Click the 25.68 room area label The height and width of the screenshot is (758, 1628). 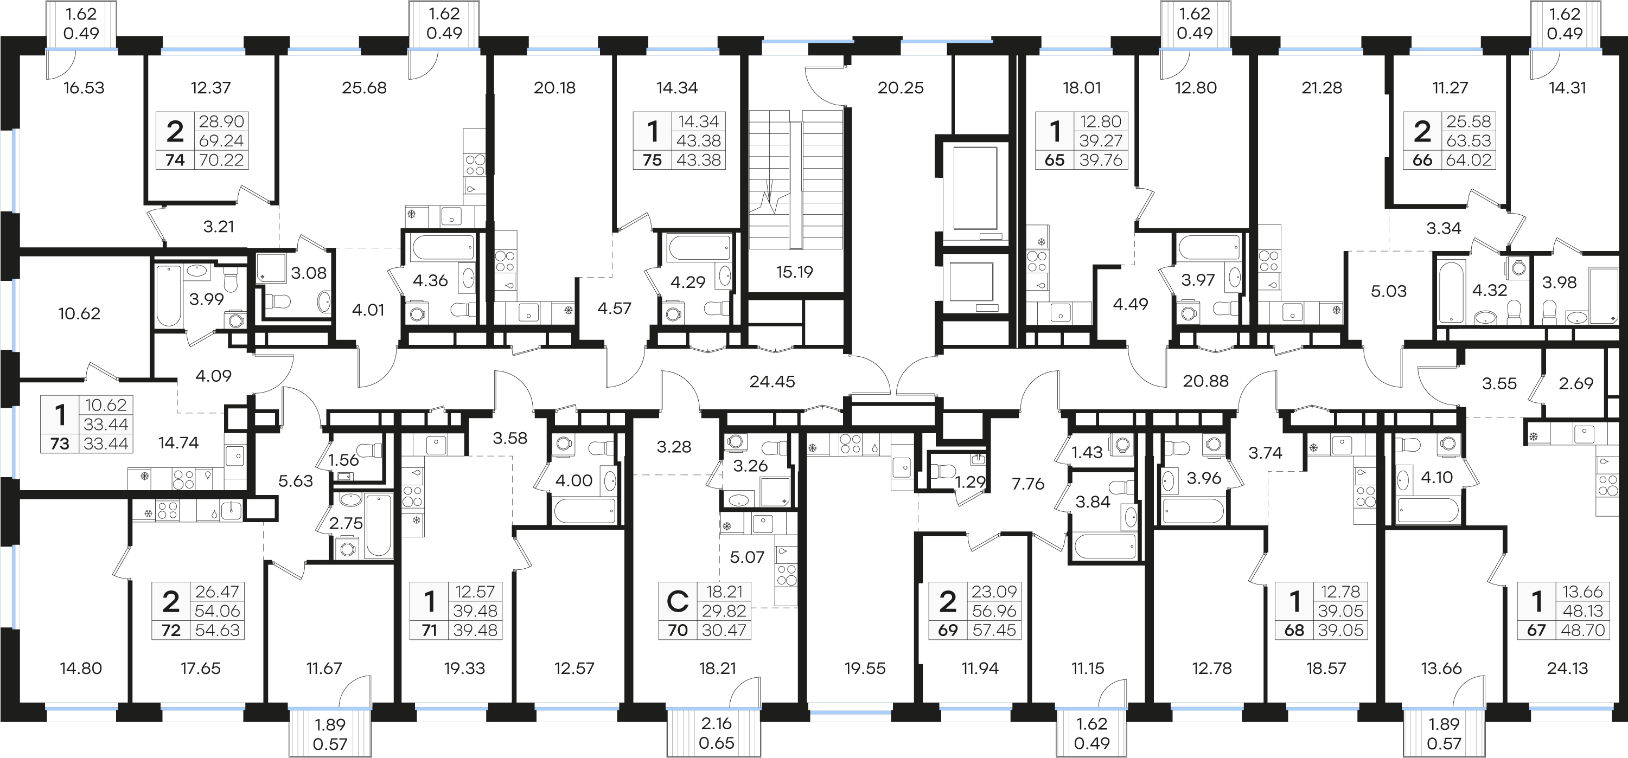(x=364, y=88)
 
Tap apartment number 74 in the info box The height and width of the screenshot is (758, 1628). (x=175, y=160)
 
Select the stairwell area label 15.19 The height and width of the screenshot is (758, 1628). (x=794, y=272)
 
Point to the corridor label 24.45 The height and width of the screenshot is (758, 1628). (x=772, y=382)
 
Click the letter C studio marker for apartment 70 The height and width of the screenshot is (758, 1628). (x=678, y=601)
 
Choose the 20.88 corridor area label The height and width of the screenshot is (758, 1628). (x=1206, y=381)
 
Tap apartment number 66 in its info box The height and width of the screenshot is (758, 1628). (x=1422, y=160)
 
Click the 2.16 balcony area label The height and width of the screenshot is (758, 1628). (x=716, y=723)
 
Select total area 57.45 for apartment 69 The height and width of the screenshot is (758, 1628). (x=994, y=631)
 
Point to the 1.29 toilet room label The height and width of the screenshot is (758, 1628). (x=970, y=483)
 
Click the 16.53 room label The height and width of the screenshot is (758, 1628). (x=84, y=88)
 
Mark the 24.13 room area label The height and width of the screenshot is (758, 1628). (x=1567, y=669)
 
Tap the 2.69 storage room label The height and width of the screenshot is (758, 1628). (x=1576, y=383)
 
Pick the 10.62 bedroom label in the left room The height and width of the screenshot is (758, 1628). (x=79, y=313)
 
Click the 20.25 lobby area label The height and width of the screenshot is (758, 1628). (x=901, y=88)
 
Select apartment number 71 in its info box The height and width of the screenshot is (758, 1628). (x=429, y=631)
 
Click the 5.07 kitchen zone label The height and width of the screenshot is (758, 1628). (x=747, y=557)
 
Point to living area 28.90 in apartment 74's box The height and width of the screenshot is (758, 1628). (x=221, y=121)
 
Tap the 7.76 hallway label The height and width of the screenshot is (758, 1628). (x=1028, y=484)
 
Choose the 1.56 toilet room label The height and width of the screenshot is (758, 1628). (x=344, y=460)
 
